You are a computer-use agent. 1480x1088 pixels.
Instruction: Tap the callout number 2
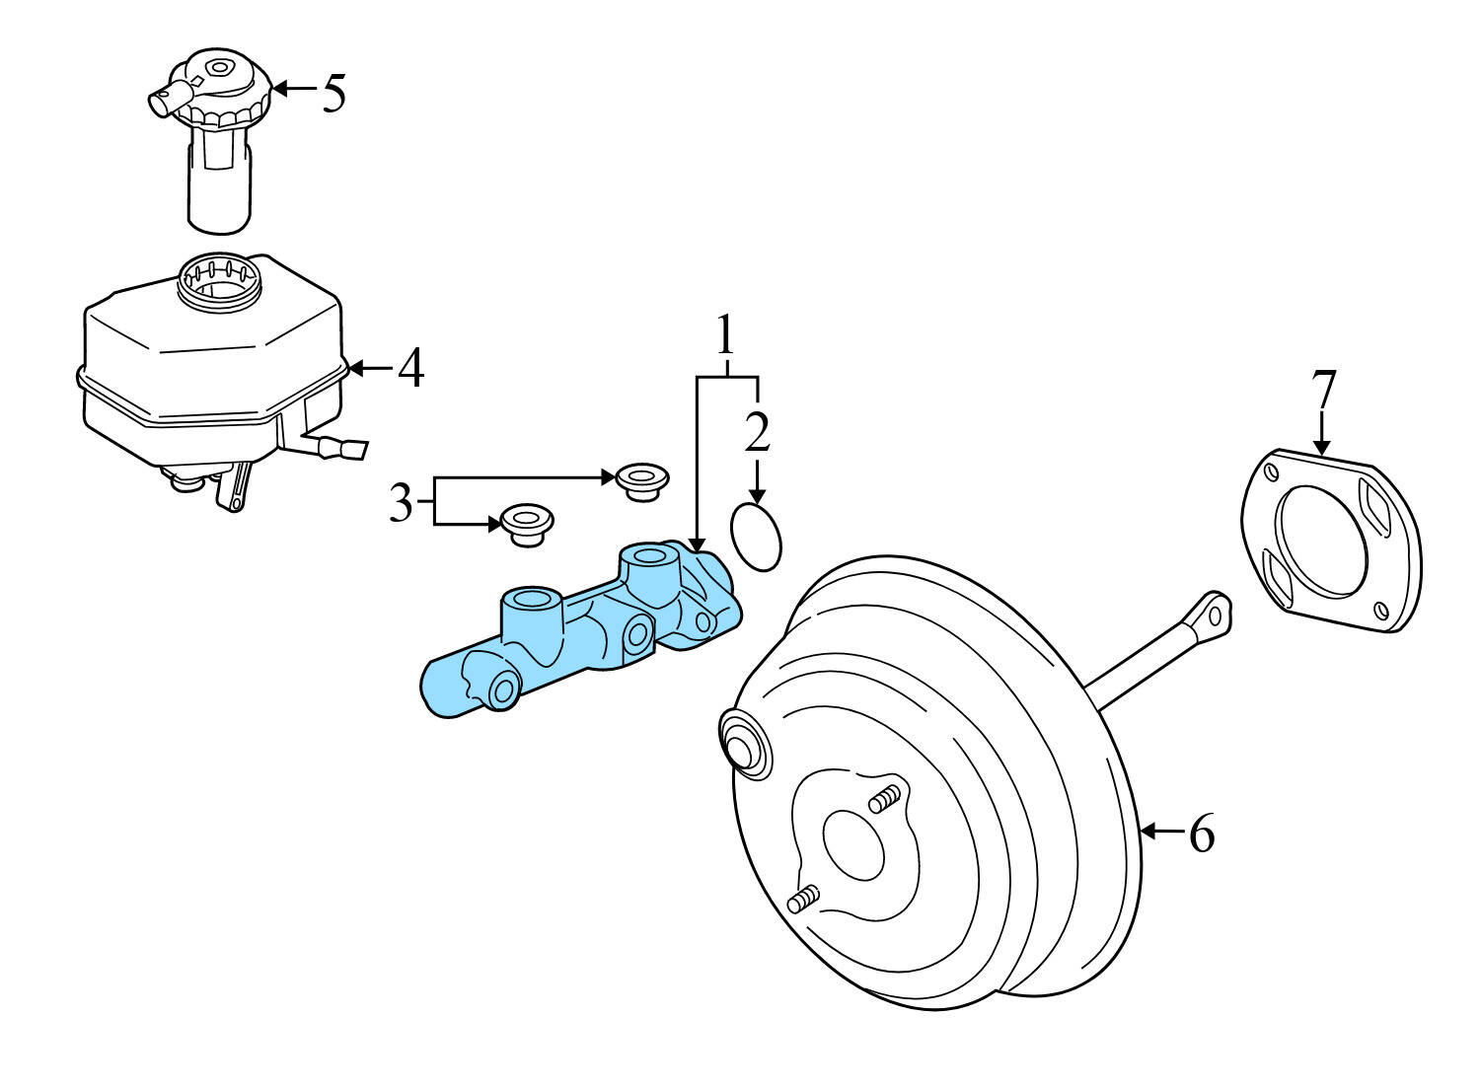pyautogui.click(x=757, y=432)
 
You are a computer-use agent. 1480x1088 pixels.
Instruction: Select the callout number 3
pyautogui.click(x=400, y=504)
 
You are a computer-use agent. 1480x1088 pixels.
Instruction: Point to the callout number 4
pyautogui.click(x=411, y=368)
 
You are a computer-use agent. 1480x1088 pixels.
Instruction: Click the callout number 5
pyautogui.click(x=334, y=93)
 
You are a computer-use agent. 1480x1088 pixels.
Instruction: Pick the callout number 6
pyautogui.click(x=1201, y=834)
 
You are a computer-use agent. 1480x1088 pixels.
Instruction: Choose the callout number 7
pyautogui.click(x=1322, y=391)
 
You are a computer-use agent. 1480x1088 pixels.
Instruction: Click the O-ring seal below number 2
pyautogui.click(x=756, y=537)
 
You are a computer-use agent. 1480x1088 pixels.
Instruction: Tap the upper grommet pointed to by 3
pyautogui.click(x=642, y=480)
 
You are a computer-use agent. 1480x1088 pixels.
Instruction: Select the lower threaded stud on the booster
pyautogui.click(x=803, y=899)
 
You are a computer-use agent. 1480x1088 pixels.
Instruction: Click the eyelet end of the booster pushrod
pyautogui.click(x=1213, y=614)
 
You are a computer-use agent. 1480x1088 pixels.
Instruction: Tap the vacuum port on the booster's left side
pyautogui.click(x=742, y=740)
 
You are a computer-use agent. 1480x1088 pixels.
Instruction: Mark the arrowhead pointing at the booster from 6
pyautogui.click(x=1147, y=834)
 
